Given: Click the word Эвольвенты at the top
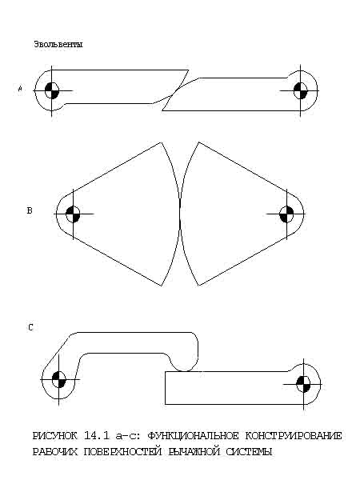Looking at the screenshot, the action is [58, 44].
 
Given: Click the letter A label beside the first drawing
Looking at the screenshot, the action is [20, 89].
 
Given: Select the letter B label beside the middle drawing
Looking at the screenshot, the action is [30, 210].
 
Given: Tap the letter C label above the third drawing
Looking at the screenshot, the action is [30, 327].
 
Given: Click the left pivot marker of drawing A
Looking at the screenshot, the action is [51, 90].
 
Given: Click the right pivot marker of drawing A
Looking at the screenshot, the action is [300, 90].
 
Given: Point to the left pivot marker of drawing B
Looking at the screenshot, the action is [73, 214].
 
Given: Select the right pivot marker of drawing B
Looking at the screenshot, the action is [286, 214].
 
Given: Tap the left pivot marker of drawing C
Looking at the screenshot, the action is [58, 379].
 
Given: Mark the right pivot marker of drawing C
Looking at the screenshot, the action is [303, 384].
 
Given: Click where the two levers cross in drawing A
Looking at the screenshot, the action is [173, 95].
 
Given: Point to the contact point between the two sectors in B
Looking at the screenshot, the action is [180, 214].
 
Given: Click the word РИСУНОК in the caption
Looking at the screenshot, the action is [54, 435].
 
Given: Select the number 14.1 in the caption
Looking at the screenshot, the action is [97, 435].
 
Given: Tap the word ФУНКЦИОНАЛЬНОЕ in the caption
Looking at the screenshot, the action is [193, 436].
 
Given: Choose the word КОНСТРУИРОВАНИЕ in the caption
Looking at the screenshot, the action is [294, 435].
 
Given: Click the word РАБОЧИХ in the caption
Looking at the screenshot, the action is [55, 451].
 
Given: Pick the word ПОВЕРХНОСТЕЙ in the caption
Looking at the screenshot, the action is [122, 451].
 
